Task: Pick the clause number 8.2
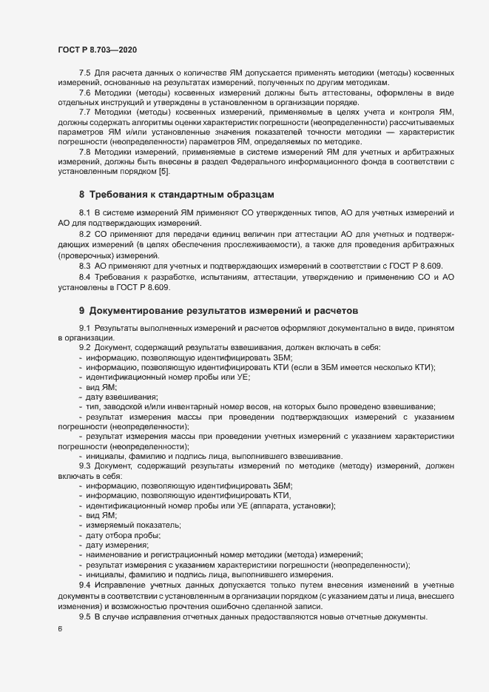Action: point(85,233)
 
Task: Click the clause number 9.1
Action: point(85,328)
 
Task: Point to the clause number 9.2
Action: point(85,347)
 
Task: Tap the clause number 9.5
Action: point(85,617)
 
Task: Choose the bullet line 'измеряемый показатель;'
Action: point(128,525)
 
